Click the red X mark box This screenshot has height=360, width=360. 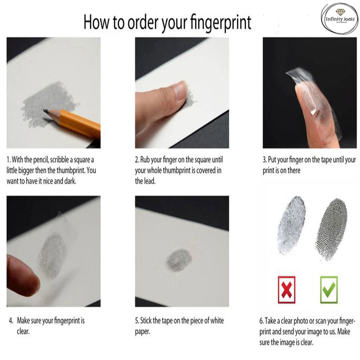(286, 290)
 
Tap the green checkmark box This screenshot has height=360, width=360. (329, 290)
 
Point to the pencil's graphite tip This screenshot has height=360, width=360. (45, 111)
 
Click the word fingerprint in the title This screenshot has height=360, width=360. (221, 23)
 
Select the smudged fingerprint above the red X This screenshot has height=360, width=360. (291, 225)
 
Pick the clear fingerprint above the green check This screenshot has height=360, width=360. (331, 230)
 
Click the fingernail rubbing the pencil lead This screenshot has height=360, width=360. (180, 90)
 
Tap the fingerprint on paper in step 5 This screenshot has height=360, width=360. (179, 260)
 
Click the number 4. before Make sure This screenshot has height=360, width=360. (11, 321)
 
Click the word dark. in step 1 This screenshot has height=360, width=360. (70, 181)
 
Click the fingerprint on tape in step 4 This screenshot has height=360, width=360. (52, 255)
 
